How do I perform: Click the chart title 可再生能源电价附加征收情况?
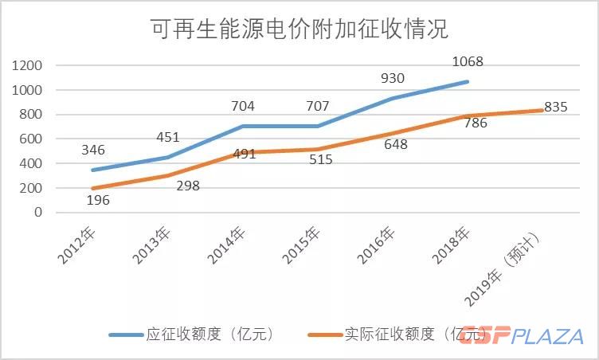(x=299, y=29)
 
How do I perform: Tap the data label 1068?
(x=467, y=61)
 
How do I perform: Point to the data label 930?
(x=392, y=78)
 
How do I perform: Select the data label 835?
(x=555, y=108)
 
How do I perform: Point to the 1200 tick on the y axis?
(x=27, y=65)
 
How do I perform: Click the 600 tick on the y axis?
(x=32, y=139)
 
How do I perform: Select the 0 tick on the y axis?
(x=38, y=213)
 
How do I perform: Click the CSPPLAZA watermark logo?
(x=522, y=335)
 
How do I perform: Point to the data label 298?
(x=190, y=186)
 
